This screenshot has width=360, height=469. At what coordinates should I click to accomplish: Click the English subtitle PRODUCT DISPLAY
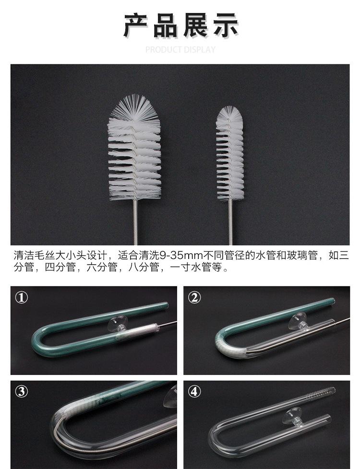[x=180, y=49]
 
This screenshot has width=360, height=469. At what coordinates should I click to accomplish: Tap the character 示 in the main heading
[x=225, y=25]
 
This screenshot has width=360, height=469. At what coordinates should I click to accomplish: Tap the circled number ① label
[x=22, y=298]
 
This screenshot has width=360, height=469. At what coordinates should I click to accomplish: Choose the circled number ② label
[x=194, y=298]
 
